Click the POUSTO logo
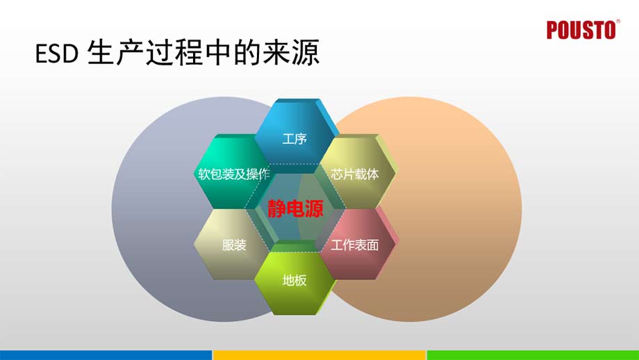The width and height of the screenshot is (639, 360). pyautogui.click(x=581, y=31)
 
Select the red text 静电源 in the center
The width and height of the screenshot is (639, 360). pyautogui.click(x=295, y=209)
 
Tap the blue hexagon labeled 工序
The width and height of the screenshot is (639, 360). pyautogui.click(x=294, y=138)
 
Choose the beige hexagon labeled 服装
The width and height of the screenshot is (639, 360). pyautogui.click(x=233, y=245)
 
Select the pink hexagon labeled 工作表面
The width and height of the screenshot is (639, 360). pyautogui.click(x=355, y=245)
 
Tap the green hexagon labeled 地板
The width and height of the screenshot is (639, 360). pyautogui.click(x=294, y=281)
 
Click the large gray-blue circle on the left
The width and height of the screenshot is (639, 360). pyautogui.click(x=153, y=208)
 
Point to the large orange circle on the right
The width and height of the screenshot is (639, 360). pyautogui.click(x=458, y=208)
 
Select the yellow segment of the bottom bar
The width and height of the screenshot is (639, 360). pyautogui.click(x=319, y=354)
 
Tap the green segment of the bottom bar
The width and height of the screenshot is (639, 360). pyautogui.click(x=532, y=354)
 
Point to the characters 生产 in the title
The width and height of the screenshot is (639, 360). pyautogui.click(x=115, y=54)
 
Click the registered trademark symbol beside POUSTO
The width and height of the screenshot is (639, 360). pyautogui.click(x=618, y=22)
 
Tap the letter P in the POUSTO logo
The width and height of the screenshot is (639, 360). pyautogui.click(x=553, y=31)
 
